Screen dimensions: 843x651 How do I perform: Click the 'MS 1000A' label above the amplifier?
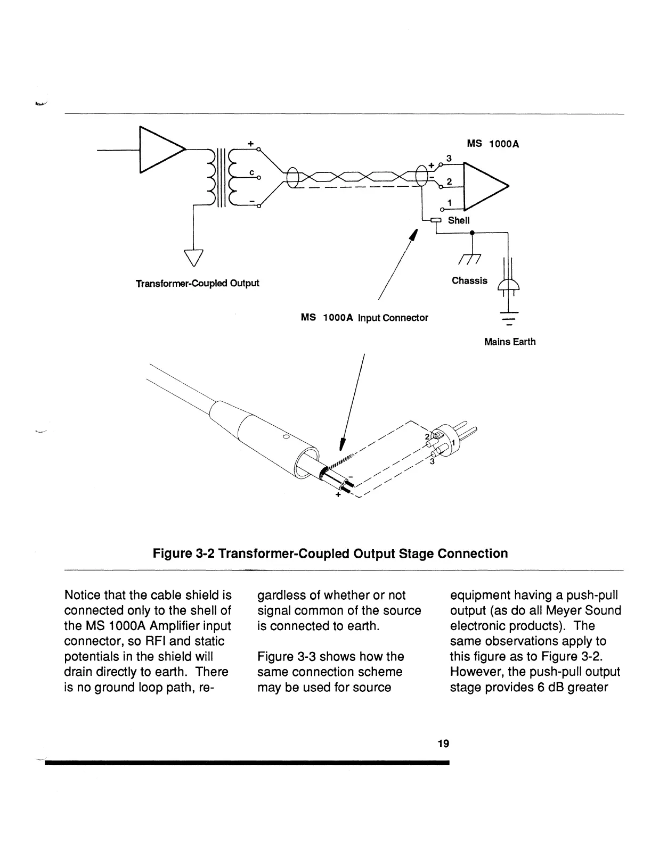493,144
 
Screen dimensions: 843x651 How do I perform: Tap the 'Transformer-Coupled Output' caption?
197,283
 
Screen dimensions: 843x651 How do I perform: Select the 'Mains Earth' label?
509,342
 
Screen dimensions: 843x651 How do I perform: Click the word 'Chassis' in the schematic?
469,280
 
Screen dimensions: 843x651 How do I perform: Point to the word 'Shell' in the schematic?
458,220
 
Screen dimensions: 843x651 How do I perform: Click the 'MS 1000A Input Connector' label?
364,318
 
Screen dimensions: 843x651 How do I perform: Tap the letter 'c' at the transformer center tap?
251,172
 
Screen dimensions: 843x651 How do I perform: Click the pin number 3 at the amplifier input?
449,159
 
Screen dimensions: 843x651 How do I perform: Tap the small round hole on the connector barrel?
286,437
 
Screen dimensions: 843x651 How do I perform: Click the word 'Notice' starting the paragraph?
82,595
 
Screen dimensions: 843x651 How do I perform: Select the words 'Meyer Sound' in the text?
588,610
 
